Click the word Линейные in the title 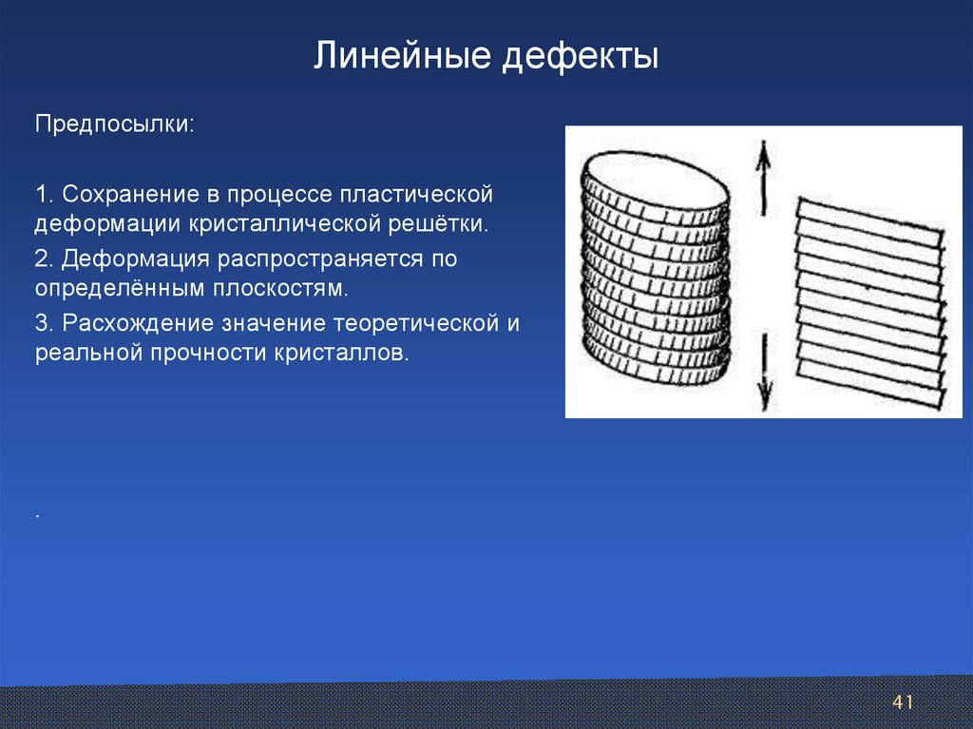click(402, 56)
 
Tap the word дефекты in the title click(581, 57)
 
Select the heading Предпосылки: click(115, 125)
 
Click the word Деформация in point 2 click(135, 259)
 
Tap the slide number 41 click(903, 702)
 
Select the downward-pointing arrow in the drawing click(765, 372)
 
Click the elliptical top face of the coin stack click(654, 180)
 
